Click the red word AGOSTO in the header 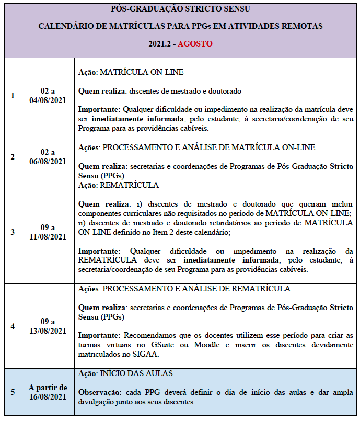coord(195,44)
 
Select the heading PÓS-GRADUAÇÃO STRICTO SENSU coord(180,9)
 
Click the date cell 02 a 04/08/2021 coord(48,96)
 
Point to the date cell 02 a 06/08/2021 coord(48,157)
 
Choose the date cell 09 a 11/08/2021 coord(48,232)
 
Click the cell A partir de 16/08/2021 coord(48,392)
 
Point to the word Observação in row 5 coord(97,392)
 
